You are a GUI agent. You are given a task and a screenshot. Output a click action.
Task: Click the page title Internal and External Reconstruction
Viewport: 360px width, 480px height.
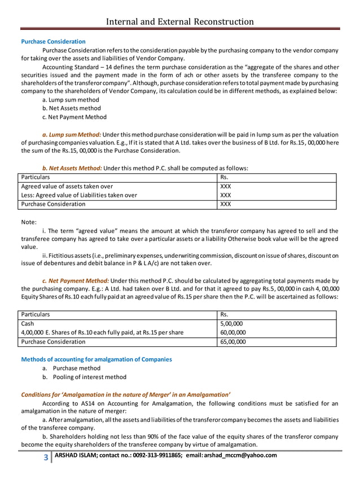click(x=180, y=21)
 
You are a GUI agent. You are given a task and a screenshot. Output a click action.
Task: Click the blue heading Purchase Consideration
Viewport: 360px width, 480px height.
click(x=53, y=42)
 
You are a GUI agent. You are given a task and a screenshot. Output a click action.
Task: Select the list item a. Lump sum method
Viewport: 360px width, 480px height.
click(x=71, y=100)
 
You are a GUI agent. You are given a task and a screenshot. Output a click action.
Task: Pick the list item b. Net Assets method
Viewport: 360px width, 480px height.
click(x=72, y=108)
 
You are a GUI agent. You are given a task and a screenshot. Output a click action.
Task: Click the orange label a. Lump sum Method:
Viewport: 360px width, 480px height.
click(x=72, y=135)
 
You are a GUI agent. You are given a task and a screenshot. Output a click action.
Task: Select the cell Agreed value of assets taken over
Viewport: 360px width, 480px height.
click(x=67, y=186)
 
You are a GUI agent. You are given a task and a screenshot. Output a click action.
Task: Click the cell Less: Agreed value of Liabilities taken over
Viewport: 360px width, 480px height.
click(x=78, y=195)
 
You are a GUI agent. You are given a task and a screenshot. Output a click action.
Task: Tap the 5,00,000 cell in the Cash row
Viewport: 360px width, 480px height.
click(x=231, y=324)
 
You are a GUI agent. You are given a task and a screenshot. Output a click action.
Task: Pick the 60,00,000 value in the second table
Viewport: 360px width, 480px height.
click(x=232, y=333)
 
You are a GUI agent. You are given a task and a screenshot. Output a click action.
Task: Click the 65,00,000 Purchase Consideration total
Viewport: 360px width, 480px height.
click(x=232, y=342)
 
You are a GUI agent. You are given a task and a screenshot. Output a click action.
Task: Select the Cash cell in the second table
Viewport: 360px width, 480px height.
click(x=28, y=324)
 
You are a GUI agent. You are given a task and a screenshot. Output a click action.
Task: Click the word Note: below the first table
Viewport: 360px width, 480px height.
click(x=29, y=222)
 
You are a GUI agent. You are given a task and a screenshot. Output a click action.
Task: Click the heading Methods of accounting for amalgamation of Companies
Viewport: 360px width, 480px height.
click(x=96, y=359)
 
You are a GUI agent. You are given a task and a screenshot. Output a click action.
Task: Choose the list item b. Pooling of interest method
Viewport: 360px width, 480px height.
click(x=84, y=377)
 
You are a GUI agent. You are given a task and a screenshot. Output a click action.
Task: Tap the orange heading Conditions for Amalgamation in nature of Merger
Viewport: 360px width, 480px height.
click(x=126, y=394)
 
